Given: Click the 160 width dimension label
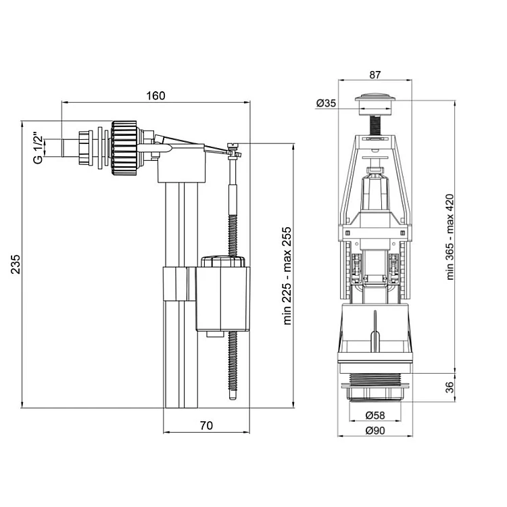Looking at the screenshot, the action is [x=155, y=96].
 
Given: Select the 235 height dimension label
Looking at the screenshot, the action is [x=15, y=264].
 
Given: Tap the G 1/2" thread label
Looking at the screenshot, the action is [x=38, y=147].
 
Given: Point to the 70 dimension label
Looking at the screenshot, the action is [x=206, y=425].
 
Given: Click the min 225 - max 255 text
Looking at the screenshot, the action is [x=287, y=276].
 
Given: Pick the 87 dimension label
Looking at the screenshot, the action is [x=375, y=74].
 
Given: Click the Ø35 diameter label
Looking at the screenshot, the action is [x=327, y=103].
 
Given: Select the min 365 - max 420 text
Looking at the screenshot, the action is [x=450, y=237].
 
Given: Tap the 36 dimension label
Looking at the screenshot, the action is [x=450, y=387].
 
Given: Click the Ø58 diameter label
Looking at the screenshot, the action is [x=375, y=415].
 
